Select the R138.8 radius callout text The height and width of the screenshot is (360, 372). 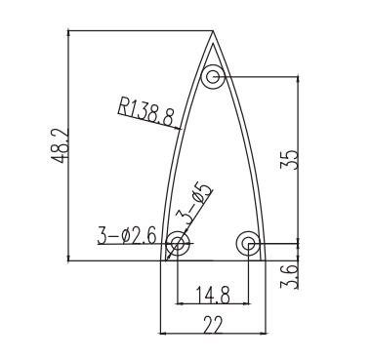point(145,111)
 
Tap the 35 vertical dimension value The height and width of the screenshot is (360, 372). point(289,159)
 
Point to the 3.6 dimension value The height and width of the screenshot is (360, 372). point(289,276)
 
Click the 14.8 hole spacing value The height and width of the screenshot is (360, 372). point(213,295)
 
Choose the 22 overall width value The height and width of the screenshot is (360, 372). point(213,324)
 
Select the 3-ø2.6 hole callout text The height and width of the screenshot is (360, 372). point(127,235)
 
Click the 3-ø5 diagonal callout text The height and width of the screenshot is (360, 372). point(193,205)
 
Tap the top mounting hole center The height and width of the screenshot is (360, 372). point(213,77)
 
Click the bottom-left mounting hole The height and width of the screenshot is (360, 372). point(178,243)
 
